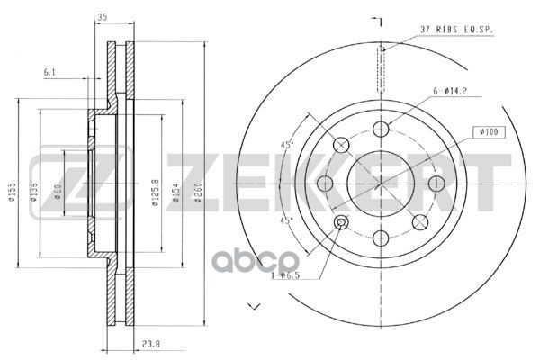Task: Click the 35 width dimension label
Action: [x=103, y=17]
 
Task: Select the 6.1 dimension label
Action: [x=49, y=72]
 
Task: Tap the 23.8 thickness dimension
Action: [x=150, y=344]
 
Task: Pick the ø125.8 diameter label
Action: [x=156, y=193]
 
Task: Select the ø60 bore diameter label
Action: [x=58, y=193]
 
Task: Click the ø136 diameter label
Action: [x=33, y=193]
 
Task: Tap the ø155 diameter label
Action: [x=12, y=193]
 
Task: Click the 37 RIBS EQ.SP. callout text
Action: [x=456, y=30]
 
